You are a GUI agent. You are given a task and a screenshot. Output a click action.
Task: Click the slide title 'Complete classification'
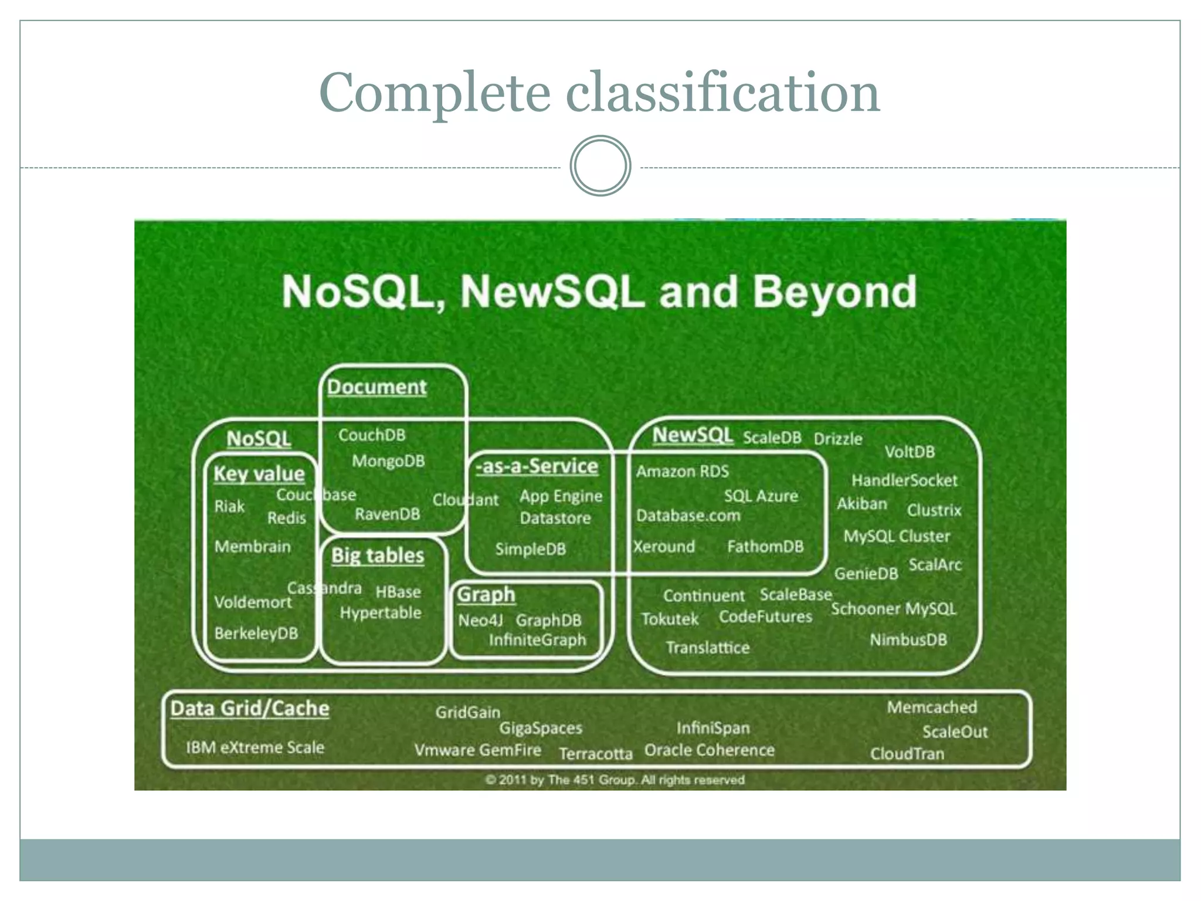pos(599,92)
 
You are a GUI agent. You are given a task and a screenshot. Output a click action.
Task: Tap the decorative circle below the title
pos(600,166)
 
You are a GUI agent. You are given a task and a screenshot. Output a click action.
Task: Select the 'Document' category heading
pos(376,387)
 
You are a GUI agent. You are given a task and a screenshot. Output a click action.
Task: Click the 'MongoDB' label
pos(388,461)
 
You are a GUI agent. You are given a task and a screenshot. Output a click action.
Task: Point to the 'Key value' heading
pos(259,474)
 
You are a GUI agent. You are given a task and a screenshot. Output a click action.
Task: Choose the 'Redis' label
pos(287,518)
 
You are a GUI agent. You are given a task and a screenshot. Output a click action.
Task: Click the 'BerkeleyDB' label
pos(256,634)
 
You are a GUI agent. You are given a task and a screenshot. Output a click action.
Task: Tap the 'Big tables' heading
pos(378,555)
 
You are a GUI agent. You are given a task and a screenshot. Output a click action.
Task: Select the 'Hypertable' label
pos(381,613)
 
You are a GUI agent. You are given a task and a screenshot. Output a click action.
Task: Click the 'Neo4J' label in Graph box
pos(481,621)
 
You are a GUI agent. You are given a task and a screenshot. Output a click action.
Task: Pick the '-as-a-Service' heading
pos(537,466)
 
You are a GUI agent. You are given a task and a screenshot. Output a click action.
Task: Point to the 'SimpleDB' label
pos(531,549)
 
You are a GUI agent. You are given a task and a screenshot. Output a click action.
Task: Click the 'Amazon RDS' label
pos(683,472)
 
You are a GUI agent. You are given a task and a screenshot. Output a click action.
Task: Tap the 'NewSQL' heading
pos(693,435)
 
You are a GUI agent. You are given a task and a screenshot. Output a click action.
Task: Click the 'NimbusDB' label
pos(908,640)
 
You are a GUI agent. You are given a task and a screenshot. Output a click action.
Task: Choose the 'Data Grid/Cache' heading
pos(250,709)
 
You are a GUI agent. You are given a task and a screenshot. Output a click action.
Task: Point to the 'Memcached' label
pos(932,707)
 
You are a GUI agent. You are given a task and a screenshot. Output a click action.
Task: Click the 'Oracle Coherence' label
pos(710,750)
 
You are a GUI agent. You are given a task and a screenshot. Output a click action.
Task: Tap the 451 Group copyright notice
pos(615,780)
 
